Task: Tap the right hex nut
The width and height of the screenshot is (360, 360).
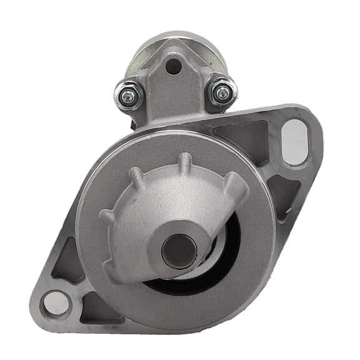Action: click(x=221, y=93)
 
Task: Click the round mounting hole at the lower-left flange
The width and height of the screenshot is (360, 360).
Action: click(x=55, y=302)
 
